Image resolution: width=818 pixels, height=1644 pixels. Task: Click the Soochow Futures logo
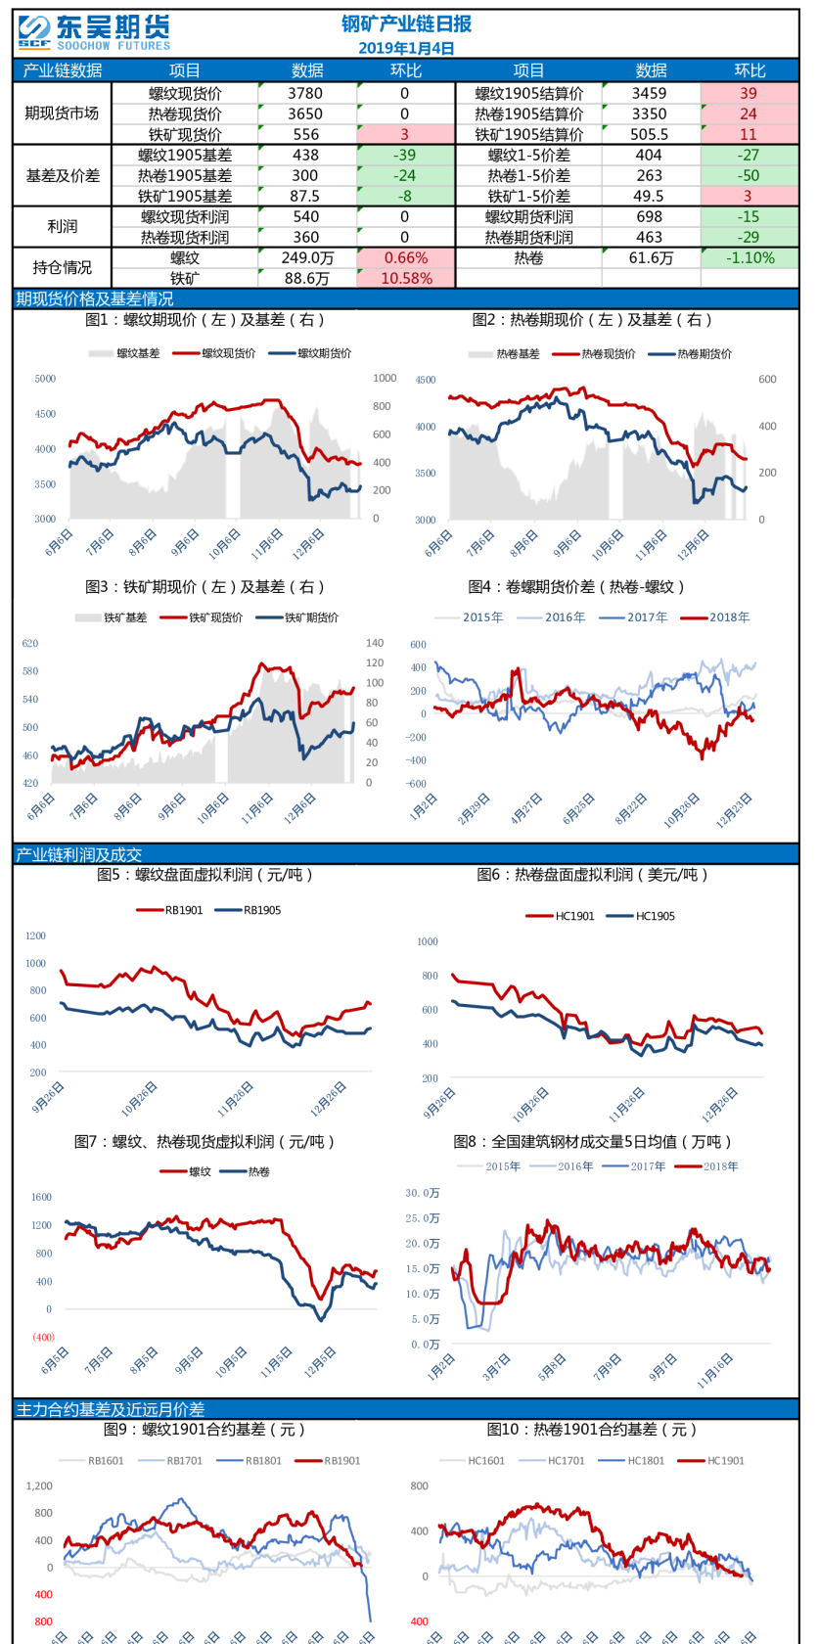[94, 32]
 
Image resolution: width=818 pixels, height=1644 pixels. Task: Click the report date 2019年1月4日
[406, 48]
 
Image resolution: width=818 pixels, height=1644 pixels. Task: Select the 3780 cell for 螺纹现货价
[305, 93]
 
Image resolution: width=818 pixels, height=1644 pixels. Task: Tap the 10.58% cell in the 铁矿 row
[406, 278]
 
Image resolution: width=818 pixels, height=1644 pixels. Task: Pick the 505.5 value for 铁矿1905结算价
[650, 134]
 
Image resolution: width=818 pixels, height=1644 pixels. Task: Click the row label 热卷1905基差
[185, 175]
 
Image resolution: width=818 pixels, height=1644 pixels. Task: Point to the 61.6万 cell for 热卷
[651, 257]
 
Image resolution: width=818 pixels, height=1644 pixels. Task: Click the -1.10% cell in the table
[750, 257]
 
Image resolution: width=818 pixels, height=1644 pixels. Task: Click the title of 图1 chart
[204, 320]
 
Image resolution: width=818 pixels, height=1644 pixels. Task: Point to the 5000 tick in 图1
[45, 379]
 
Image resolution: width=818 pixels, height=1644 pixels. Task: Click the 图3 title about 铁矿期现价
[204, 587]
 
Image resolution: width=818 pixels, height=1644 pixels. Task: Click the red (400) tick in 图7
[43, 1337]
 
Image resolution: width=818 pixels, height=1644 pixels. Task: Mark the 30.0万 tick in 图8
[423, 1193]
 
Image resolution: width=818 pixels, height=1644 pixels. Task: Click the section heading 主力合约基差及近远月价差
[111, 1409]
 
